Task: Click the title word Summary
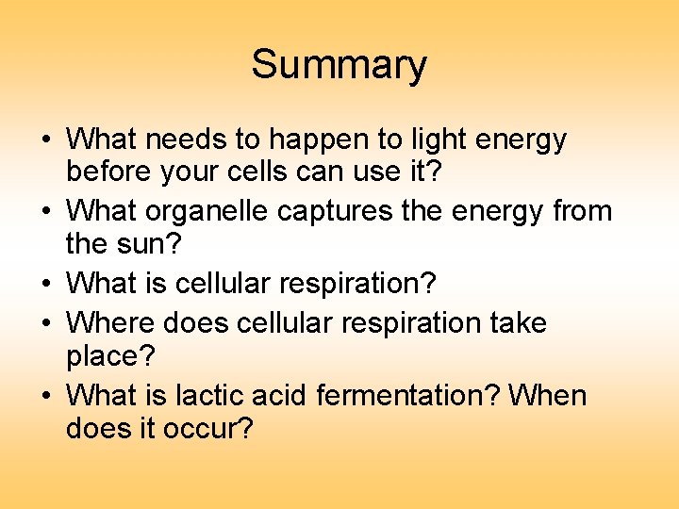pos(339,66)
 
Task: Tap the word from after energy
pos(579,212)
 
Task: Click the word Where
pos(110,322)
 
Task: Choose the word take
pos(518,322)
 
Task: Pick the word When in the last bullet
pos(547,395)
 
